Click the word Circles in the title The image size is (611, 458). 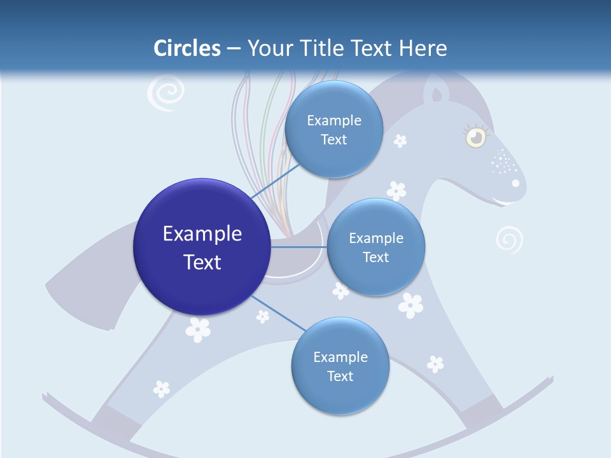186,48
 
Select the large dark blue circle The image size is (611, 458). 202,247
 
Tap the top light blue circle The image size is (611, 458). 334,129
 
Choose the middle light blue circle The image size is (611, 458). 376,247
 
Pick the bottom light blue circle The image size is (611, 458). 340,366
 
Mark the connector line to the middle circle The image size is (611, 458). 298,247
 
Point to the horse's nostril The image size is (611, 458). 516,183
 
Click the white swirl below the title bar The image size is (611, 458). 165,94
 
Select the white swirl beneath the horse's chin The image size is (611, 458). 509,240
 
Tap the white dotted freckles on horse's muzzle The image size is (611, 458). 504,162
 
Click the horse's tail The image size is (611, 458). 89,280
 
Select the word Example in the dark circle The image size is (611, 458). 202,234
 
